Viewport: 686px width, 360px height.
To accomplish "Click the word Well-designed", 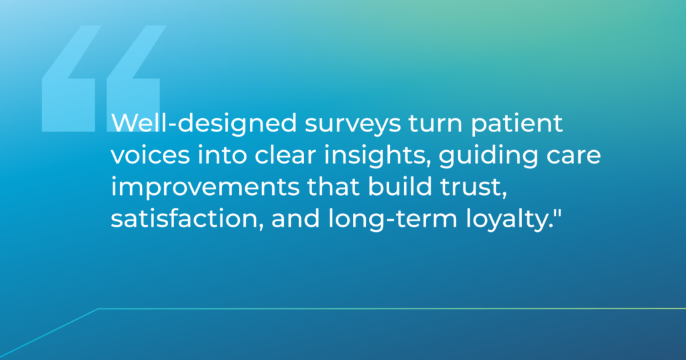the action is tap(204, 124).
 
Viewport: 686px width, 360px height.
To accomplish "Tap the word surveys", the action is tap(352, 125).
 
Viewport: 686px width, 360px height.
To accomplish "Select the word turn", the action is tap(435, 124).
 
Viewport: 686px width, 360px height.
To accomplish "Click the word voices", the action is tap(150, 156).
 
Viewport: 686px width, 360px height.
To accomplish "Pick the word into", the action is tap(222, 156).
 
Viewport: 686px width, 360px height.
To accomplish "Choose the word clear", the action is tap(285, 156).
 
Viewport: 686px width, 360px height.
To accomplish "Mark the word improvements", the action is tap(205, 188).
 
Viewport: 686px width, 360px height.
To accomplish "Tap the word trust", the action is tap(473, 188).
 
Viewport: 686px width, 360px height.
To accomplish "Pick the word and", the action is tap(295, 219).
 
